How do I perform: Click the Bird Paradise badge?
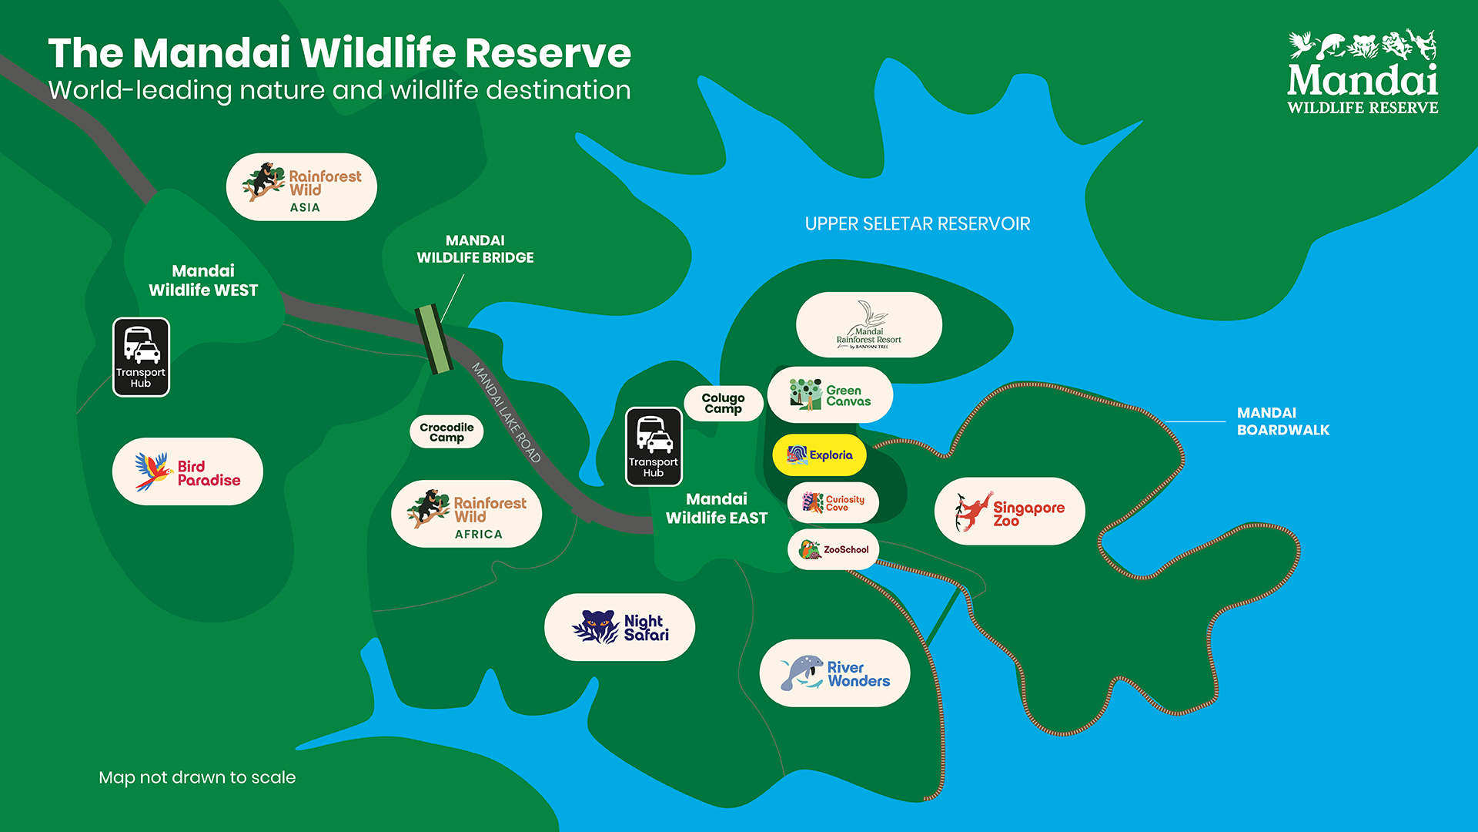tap(188, 472)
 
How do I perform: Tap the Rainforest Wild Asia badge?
tap(302, 187)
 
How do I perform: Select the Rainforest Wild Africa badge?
tap(466, 514)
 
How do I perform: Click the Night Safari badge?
tap(620, 627)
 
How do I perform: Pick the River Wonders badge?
tap(835, 673)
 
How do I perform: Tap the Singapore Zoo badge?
tap(1010, 512)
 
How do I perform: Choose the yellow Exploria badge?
tap(820, 455)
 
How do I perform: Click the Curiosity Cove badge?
tap(834, 503)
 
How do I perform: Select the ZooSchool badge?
tap(834, 549)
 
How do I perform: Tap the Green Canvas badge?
tap(831, 395)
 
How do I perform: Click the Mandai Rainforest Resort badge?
tap(869, 325)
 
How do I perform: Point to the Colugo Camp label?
tap(723, 403)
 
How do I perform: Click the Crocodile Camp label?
tap(446, 431)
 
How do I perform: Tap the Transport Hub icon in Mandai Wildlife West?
tap(141, 357)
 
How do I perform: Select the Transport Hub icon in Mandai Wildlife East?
tap(654, 447)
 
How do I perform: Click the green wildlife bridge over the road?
tap(433, 339)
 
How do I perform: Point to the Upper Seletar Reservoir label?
tap(917, 224)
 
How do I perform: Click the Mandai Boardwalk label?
tap(1282, 421)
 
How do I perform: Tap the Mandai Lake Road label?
tap(507, 412)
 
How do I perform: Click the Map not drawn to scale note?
tap(197, 777)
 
